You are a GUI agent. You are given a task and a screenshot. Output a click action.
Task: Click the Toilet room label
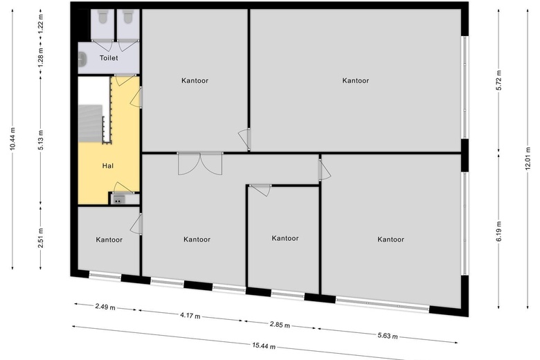coord(109,58)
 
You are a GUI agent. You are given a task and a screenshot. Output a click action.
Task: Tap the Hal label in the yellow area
coord(108,165)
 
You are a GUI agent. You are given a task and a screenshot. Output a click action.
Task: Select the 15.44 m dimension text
coord(264,345)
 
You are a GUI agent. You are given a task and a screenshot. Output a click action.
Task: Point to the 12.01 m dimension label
coord(528,159)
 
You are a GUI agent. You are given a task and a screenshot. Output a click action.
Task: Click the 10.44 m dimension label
coord(12,139)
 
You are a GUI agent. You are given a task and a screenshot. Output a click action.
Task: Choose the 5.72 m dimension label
coord(498,80)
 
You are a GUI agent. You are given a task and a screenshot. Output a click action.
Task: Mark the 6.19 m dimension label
coord(498,231)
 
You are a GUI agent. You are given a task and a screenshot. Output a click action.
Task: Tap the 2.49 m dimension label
coord(105,307)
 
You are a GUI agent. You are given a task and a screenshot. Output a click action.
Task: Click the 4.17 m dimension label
coord(190,315)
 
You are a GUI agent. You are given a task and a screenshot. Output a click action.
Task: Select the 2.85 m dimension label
coord(280,325)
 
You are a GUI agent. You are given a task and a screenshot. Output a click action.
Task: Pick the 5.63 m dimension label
coord(388,335)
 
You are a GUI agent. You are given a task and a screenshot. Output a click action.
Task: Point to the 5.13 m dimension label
coord(41,140)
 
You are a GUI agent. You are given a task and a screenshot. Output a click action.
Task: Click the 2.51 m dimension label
coord(41,237)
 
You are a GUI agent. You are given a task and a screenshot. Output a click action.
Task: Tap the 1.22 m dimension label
coord(41,24)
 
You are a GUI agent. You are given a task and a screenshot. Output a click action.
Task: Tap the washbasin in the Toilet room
coord(82,59)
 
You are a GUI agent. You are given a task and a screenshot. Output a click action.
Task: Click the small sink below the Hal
coord(118,199)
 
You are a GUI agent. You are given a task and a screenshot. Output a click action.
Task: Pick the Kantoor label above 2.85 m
coord(285,238)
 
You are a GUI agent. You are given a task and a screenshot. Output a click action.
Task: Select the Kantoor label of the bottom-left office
coord(109,240)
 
